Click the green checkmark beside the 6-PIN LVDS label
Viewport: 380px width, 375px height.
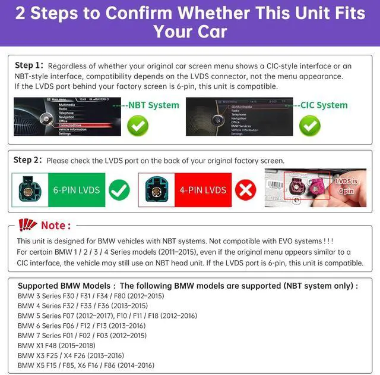(119, 190)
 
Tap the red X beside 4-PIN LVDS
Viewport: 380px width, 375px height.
(245, 190)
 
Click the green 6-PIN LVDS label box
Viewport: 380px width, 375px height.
(77, 190)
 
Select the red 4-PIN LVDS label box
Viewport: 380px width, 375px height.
(202, 190)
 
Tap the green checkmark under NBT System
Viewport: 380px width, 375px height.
(138, 125)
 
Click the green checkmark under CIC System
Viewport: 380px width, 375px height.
(309, 125)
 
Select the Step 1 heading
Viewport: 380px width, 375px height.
(28, 65)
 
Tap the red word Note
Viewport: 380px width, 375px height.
(55, 226)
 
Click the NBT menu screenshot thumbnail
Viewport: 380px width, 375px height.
(77, 117)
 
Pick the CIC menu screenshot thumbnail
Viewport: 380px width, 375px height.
(238, 117)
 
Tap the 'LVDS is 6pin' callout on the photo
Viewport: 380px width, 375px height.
(346, 186)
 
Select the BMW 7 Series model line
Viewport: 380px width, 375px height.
(82, 335)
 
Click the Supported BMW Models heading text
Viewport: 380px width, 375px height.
(188, 286)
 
